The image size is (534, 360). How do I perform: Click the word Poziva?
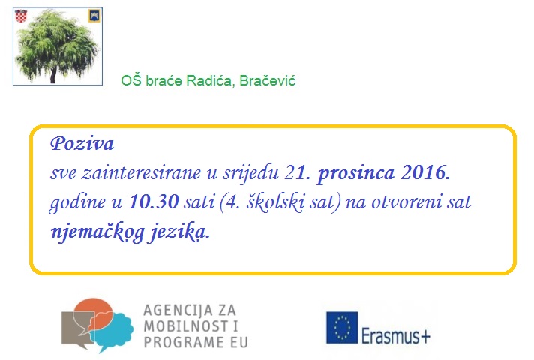pyautogui.click(x=82, y=144)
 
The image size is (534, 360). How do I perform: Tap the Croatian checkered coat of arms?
pyautogui.click(x=21, y=16)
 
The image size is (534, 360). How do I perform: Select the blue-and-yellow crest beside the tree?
pyautogui.click(x=94, y=16)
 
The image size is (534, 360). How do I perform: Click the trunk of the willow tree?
pyautogui.click(x=52, y=75)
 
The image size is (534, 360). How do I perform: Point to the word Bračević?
pyautogui.click(x=267, y=81)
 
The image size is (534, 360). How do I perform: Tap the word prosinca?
pyautogui.click(x=356, y=173)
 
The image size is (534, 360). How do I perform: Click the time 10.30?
pyautogui.click(x=154, y=202)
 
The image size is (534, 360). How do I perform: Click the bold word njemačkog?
pyautogui.click(x=97, y=232)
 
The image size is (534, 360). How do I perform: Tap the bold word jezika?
pyautogui.click(x=179, y=232)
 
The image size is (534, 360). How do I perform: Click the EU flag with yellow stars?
pyautogui.click(x=342, y=327)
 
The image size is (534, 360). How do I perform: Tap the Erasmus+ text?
pyautogui.click(x=396, y=336)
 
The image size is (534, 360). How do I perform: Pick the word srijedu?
pyautogui.click(x=251, y=174)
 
